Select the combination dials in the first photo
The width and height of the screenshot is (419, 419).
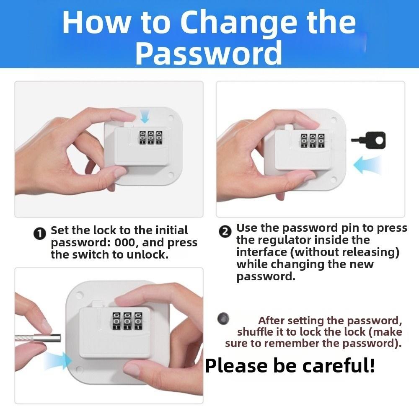[x=149, y=138]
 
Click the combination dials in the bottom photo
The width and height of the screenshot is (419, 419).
[x=124, y=322]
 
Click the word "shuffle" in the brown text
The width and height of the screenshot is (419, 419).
[x=254, y=332]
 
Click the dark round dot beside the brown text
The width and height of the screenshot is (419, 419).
[x=223, y=318]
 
